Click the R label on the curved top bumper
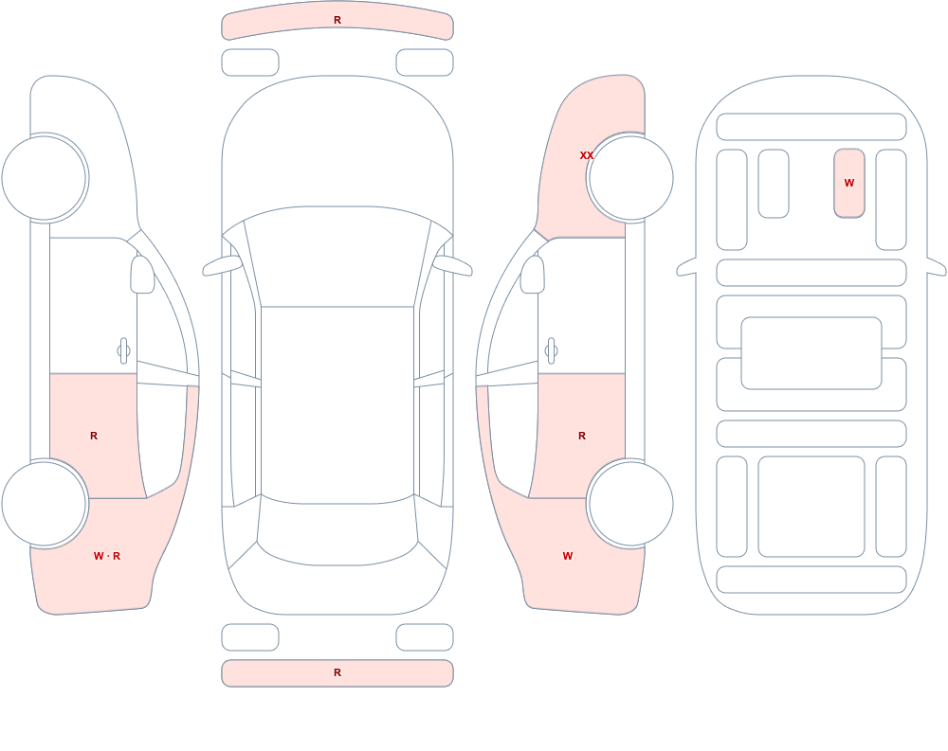337,20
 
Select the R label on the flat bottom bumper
337,672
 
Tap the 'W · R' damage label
107,556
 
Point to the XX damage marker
587,155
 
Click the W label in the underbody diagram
849,183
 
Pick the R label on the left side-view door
94,436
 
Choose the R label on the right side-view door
582,436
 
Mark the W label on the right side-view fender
568,556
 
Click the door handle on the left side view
123,351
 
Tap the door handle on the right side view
551,351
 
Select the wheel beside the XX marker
630,178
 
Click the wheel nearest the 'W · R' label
45,503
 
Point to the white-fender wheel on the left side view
45,178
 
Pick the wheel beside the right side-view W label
630,503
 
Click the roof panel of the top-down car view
337,403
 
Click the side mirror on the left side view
142,275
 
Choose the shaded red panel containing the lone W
849,183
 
